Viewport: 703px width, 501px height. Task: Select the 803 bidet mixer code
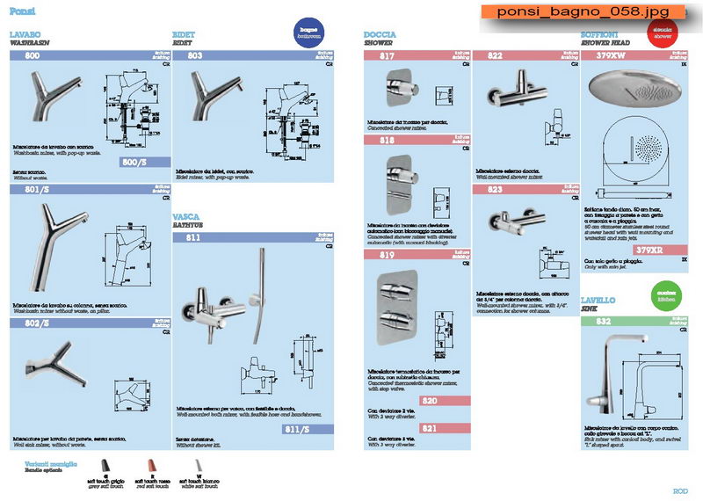[x=195, y=55]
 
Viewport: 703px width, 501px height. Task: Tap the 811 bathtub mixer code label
[x=193, y=237]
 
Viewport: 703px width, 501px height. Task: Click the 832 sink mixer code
[x=604, y=322]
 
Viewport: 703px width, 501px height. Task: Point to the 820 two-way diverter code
[x=430, y=401]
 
